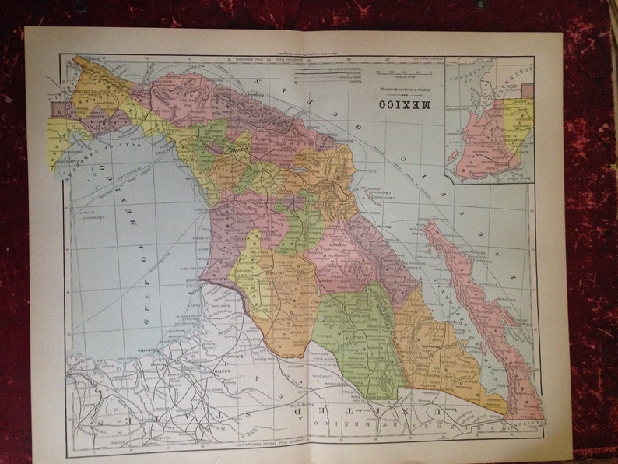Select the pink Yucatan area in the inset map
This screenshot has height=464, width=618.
point(484,140)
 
